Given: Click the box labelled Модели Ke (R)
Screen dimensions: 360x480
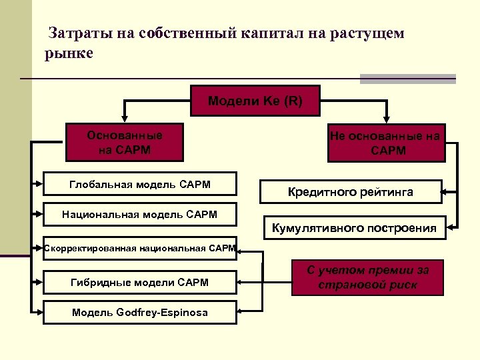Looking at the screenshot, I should [x=255, y=101].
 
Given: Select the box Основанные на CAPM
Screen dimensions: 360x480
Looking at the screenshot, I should [x=125, y=142].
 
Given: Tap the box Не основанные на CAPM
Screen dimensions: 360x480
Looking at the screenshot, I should [x=385, y=143].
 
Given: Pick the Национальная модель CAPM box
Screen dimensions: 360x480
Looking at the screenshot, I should [x=139, y=215].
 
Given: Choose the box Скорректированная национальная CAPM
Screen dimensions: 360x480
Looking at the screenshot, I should [x=139, y=248].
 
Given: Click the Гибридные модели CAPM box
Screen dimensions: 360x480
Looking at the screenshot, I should [x=139, y=283].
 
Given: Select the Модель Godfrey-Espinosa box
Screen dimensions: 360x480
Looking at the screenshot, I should [x=139, y=312].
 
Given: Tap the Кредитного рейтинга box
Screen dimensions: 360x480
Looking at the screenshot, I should [x=350, y=192].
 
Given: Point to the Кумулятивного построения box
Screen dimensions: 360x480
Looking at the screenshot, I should [x=355, y=228].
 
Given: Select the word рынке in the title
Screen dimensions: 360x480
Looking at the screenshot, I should [x=69, y=53].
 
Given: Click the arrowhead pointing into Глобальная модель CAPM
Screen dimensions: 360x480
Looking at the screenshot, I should [x=39, y=181].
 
